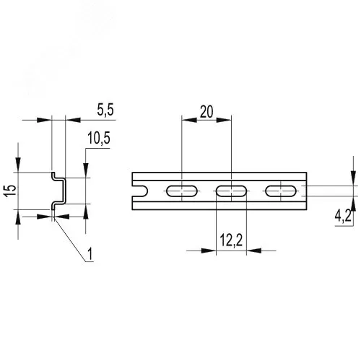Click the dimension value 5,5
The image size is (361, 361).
[x=105, y=110]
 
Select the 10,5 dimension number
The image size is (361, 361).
[x=99, y=138]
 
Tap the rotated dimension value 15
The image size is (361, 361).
[x=11, y=191]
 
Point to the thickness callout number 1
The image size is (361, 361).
[x=90, y=254]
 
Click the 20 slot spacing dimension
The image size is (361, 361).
[x=206, y=112]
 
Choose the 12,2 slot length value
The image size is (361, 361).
[x=231, y=240]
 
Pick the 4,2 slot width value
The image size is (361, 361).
[x=343, y=216]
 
